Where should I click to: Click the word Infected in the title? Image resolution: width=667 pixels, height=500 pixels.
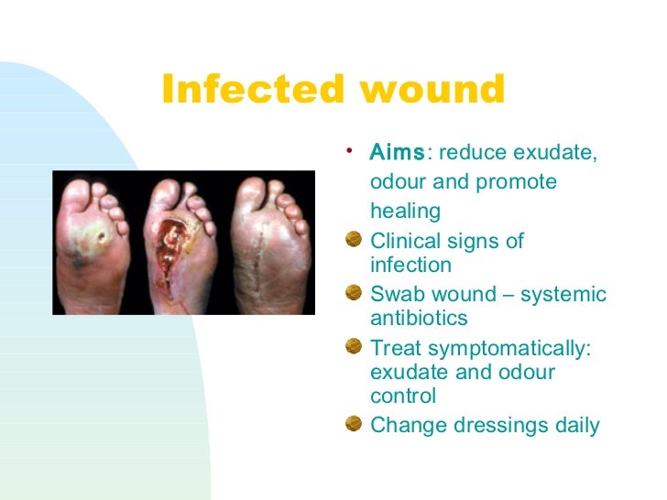244,90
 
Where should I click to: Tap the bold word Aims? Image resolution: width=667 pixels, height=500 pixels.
397,152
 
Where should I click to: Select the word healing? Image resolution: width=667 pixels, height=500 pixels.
405,212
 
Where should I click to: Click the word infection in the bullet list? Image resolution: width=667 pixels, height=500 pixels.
410,265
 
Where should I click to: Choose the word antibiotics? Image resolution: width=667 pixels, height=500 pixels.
419,318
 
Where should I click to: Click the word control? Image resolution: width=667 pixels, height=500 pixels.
403,397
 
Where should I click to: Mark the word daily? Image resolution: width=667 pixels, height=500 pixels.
574,426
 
